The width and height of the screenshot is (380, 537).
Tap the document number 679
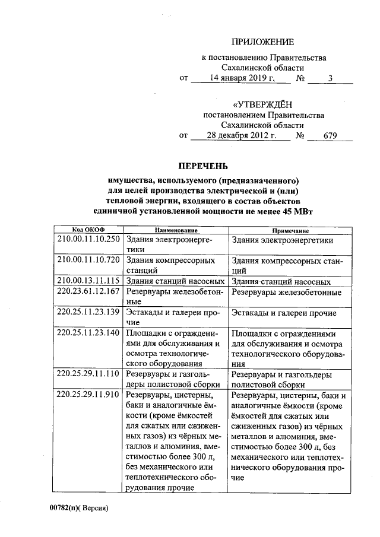click(x=330, y=136)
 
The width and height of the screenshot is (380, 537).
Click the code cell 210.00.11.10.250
click(x=88, y=240)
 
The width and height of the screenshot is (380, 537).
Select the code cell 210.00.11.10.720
click(x=88, y=260)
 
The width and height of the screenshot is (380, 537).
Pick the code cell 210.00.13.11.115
click(x=88, y=281)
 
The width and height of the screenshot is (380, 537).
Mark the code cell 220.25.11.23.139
click(x=88, y=313)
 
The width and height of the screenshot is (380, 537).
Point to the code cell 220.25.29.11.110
click(x=88, y=374)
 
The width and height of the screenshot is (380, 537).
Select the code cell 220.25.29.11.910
click(x=88, y=395)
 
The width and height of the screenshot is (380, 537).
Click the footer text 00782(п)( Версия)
click(x=80, y=509)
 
